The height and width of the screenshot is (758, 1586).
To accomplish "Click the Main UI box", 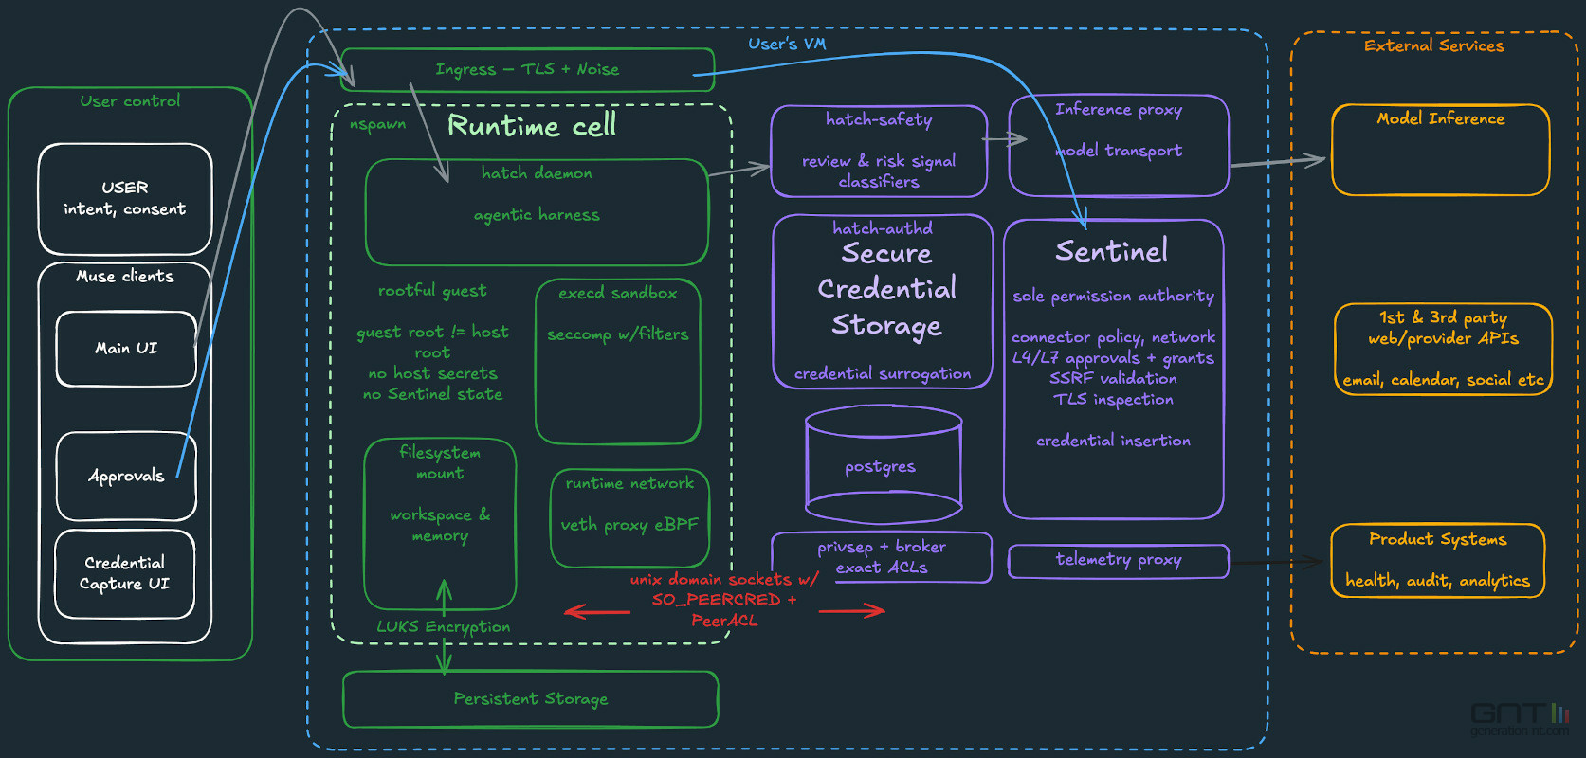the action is (x=126, y=349).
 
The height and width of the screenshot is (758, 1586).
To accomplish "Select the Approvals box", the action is (x=126, y=476).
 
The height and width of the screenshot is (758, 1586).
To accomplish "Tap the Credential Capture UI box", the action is (x=124, y=574).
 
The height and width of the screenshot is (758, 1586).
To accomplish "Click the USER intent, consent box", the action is (x=124, y=199).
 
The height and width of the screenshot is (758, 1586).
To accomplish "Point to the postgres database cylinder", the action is (x=883, y=465).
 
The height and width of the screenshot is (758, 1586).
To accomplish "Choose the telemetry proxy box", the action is (x=1118, y=561).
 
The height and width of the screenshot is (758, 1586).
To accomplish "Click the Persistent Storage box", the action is (x=530, y=698).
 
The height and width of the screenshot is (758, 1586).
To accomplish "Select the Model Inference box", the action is (x=1440, y=150).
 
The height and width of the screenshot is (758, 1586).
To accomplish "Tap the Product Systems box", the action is (x=1437, y=561).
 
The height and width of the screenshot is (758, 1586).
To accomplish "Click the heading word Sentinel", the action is (x=1112, y=250).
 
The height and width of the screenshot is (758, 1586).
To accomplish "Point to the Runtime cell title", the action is (x=532, y=126).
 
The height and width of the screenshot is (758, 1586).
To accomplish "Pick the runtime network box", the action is (x=629, y=518).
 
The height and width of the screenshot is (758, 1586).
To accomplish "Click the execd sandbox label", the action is (x=617, y=293).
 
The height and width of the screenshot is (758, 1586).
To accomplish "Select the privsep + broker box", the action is (x=882, y=557).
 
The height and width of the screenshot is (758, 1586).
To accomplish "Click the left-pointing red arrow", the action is (x=597, y=611).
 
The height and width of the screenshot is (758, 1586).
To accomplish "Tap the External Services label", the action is (x=1433, y=46).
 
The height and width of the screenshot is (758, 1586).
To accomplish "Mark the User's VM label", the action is (x=787, y=44).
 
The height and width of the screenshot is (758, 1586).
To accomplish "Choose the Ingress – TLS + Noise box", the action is (x=527, y=69).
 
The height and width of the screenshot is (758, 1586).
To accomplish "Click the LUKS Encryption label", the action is (x=444, y=627).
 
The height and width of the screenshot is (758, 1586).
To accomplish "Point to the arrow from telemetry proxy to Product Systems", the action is (x=1277, y=563).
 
